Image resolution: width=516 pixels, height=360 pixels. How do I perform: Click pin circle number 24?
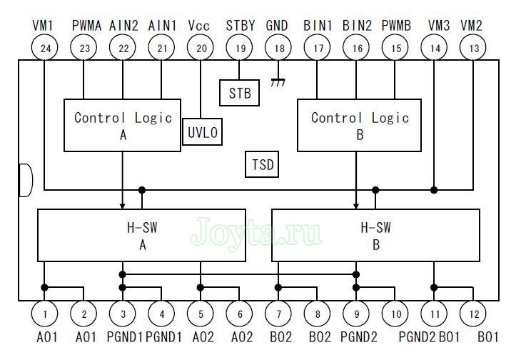(x=44, y=49)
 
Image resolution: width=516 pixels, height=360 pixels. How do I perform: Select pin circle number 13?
(x=472, y=49)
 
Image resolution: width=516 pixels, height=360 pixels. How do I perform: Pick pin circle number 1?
(x=44, y=312)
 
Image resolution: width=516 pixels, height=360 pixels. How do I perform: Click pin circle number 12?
(x=472, y=312)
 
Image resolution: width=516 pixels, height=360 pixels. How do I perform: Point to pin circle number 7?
(x=278, y=312)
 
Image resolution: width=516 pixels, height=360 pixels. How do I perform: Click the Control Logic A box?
(x=123, y=125)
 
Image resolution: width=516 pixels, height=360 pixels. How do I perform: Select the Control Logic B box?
(x=359, y=125)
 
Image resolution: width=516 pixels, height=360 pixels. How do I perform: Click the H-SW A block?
(x=141, y=235)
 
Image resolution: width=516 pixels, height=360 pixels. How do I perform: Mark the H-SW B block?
(x=376, y=235)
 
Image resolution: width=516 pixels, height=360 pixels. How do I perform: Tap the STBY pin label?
(x=240, y=26)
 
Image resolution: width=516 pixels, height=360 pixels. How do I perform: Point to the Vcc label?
(x=200, y=26)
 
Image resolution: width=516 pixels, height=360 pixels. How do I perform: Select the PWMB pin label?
(x=397, y=26)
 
